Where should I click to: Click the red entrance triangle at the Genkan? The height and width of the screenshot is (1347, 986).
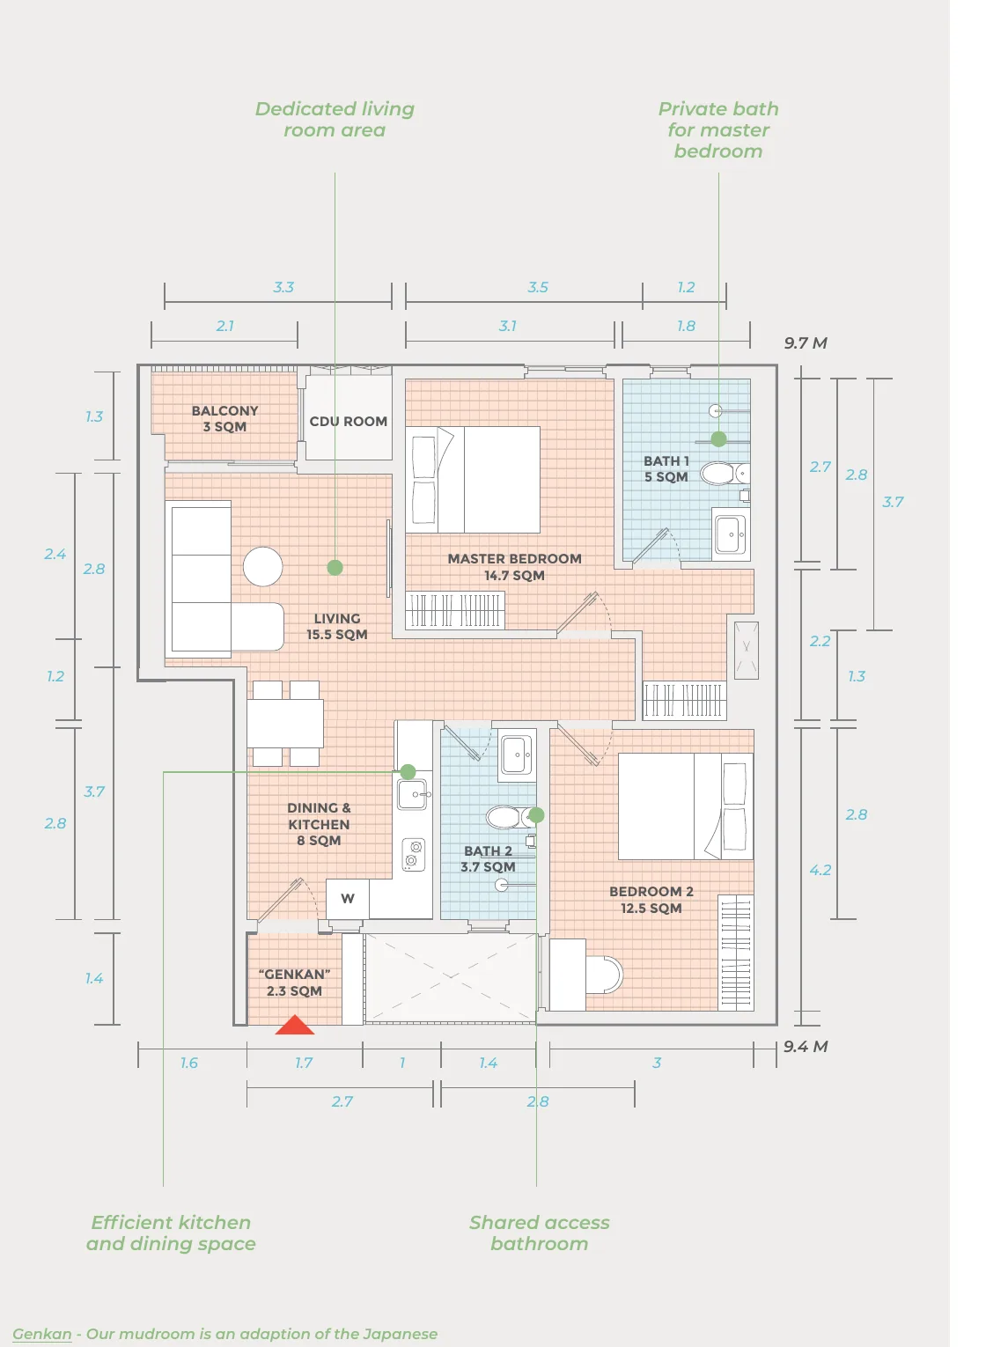click(x=295, y=1025)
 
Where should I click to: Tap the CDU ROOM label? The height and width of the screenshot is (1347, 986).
click(x=348, y=422)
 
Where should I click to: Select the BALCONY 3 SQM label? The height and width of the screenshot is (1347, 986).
click(x=224, y=418)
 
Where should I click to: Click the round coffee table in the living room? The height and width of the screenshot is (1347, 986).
click(x=262, y=566)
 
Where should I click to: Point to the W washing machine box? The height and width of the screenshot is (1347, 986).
click(x=348, y=899)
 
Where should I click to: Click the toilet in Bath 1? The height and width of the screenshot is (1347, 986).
click(x=725, y=474)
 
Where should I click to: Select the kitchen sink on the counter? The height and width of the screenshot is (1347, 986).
click(x=412, y=794)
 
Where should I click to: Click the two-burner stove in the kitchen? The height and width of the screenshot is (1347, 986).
click(x=413, y=855)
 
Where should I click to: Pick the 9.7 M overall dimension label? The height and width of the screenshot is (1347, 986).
click(x=805, y=343)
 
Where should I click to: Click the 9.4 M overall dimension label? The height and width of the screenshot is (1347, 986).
click(x=806, y=1047)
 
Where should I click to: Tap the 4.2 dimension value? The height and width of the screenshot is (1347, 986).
click(x=820, y=870)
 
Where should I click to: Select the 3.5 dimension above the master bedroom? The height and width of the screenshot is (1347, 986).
click(x=538, y=287)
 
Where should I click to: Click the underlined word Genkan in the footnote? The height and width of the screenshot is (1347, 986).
click(x=41, y=1335)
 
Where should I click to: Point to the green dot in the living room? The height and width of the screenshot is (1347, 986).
click(x=335, y=567)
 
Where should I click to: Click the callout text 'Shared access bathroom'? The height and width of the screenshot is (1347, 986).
click(x=540, y=1233)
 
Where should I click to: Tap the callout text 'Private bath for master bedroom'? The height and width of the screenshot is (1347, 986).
click(x=718, y=130)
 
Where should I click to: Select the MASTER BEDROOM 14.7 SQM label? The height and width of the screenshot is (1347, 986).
click(x=515, y=567)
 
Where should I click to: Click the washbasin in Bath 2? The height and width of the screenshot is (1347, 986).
click(x=516, y=754)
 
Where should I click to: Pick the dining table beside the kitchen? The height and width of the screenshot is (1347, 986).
click(x=285, y=724)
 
